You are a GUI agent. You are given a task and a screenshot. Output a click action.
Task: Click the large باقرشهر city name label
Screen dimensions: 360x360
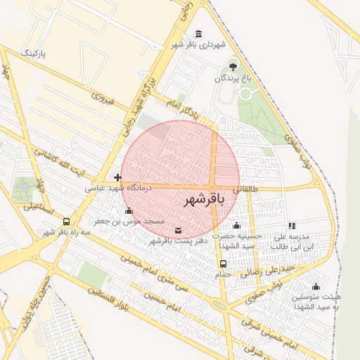click(204, 200)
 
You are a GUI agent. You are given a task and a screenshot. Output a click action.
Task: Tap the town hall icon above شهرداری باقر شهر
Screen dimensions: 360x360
click(200, 34)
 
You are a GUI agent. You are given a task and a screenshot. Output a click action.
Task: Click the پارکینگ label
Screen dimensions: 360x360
click(39, 53)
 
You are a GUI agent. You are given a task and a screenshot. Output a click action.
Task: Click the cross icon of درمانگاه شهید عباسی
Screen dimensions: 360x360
click(117, 176)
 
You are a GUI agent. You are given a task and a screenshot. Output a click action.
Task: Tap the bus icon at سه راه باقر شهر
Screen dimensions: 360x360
click(66, 221)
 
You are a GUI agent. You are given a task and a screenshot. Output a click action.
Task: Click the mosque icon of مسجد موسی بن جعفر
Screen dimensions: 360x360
click(128, 211)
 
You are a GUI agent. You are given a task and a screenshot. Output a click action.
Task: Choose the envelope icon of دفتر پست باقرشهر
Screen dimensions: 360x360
click(176, 230)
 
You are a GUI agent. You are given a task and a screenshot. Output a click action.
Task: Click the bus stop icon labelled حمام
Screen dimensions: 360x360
click(224, 264)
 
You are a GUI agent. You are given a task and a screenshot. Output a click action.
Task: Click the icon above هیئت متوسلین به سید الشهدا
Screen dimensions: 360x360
click(315, 286)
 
